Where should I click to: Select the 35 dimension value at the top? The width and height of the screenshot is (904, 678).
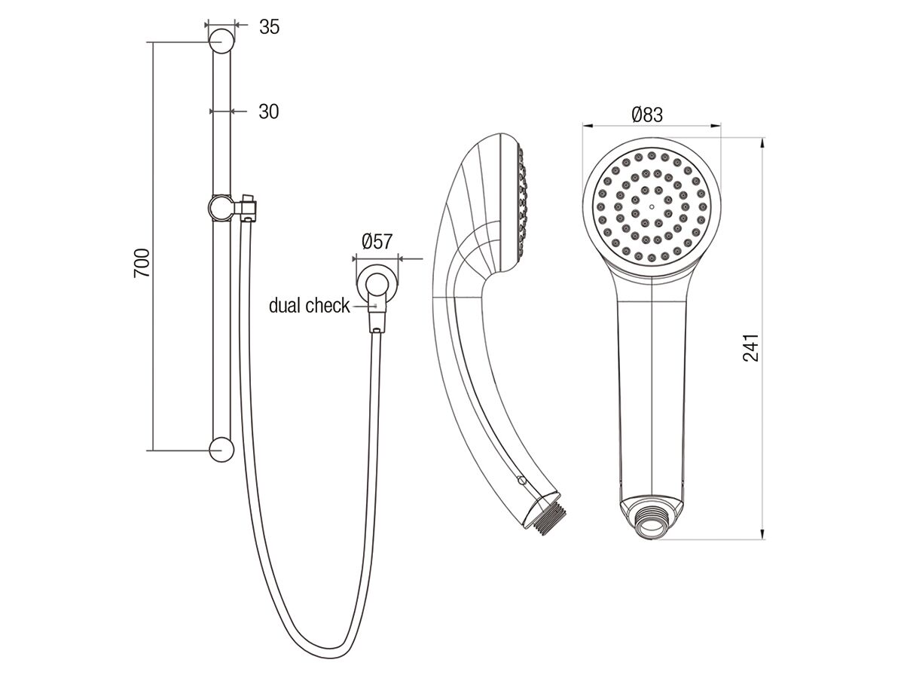(x=269, y=27)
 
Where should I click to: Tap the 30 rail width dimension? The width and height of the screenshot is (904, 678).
(x=268, y=111)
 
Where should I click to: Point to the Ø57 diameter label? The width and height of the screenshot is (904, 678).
(x=377, y=242)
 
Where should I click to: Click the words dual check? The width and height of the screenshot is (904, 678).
(x=309, y=305)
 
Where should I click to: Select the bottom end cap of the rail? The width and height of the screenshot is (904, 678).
(x=221, y=450)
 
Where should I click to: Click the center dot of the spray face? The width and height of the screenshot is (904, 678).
(x=650, y=203)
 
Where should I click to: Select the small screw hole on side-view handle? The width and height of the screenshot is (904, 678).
(x=520, y=478)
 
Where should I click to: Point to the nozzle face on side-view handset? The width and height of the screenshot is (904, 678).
(x=519, y=200)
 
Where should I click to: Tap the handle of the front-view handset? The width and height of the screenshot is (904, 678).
(x=650, y=392)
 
